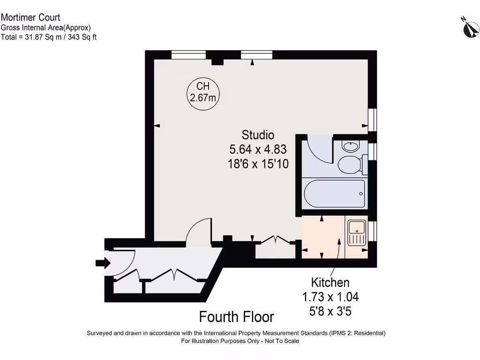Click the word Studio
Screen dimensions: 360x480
pos(258,135)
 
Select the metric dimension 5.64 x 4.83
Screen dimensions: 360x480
pos(258,150)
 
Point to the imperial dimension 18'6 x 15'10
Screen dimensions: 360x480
pos(258,164)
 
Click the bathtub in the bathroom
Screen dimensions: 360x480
pos(334,194)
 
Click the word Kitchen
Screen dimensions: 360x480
pos(330,283)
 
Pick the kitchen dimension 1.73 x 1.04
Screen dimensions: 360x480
pos(330,297)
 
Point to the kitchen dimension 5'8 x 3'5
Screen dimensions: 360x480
pos(330,311)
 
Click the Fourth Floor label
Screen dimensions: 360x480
pos(237,317)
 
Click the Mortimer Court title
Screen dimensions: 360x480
pos(30,18)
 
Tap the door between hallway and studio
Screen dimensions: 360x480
pos(198,232)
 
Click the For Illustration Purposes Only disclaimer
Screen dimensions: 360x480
pos(240,341)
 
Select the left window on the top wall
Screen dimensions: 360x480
pos(188,55)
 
